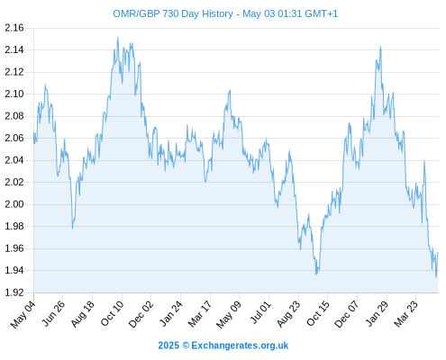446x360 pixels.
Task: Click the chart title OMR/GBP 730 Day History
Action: [173, 13]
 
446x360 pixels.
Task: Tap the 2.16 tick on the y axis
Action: [14, 28]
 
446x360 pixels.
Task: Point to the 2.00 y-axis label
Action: [14, 204]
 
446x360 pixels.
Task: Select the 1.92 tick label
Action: [14, 292]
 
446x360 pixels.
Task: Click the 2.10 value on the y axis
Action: [14, 94]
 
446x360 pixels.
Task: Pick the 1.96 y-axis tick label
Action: [14, 248]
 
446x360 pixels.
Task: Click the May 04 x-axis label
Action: [23, 314]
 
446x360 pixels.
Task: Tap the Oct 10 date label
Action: [112, 313]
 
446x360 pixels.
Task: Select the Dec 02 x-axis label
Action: [141, 314]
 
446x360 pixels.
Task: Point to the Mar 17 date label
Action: [200, 314]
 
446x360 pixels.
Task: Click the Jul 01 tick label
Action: [260, 312]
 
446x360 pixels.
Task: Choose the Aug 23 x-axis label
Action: [288, 314]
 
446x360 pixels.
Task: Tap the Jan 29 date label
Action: [377, 313]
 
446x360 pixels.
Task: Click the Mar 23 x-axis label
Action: [405, 314]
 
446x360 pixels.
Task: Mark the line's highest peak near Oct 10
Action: [118, 37]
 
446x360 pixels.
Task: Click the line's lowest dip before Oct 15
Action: [316, 274]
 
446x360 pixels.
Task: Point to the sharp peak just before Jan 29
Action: [380, 47]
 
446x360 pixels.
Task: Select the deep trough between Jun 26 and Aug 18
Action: [72, 229]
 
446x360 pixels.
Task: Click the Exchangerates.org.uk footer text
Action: [240, 346]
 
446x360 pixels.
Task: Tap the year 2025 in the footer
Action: [168, 346]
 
